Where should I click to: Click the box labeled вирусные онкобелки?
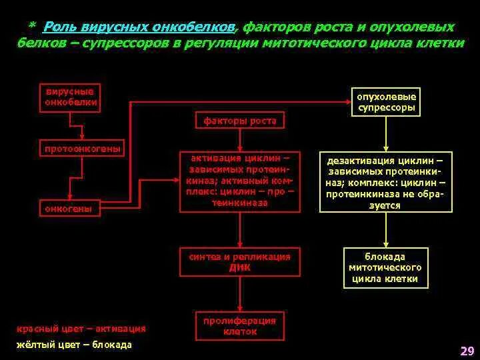pos(70,97)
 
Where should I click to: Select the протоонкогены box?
pos(82,149)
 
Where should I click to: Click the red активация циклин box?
pos(239,182)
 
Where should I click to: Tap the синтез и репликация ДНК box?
pos(239,262)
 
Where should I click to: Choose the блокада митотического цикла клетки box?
pos(385,267)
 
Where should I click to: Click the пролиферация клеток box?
pos(239,326)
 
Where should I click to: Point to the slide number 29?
pos(467,351)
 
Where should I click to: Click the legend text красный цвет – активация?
pos(81,329)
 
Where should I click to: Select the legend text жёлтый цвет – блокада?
pos(74,345)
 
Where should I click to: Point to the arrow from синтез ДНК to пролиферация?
pos(239,293)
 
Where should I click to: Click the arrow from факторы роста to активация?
pos(239,140)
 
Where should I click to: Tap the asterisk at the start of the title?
pos(31,26)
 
